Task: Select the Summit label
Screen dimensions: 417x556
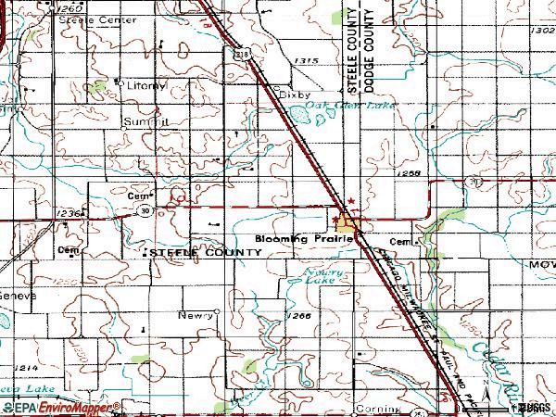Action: (146, 121)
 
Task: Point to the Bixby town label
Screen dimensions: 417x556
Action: (295, 94)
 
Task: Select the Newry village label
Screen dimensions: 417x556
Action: (196, 315)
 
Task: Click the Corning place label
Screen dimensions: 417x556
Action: (380, 408)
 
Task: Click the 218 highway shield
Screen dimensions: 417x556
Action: (240, 56)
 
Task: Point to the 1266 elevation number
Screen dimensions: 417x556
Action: (298, 316)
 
